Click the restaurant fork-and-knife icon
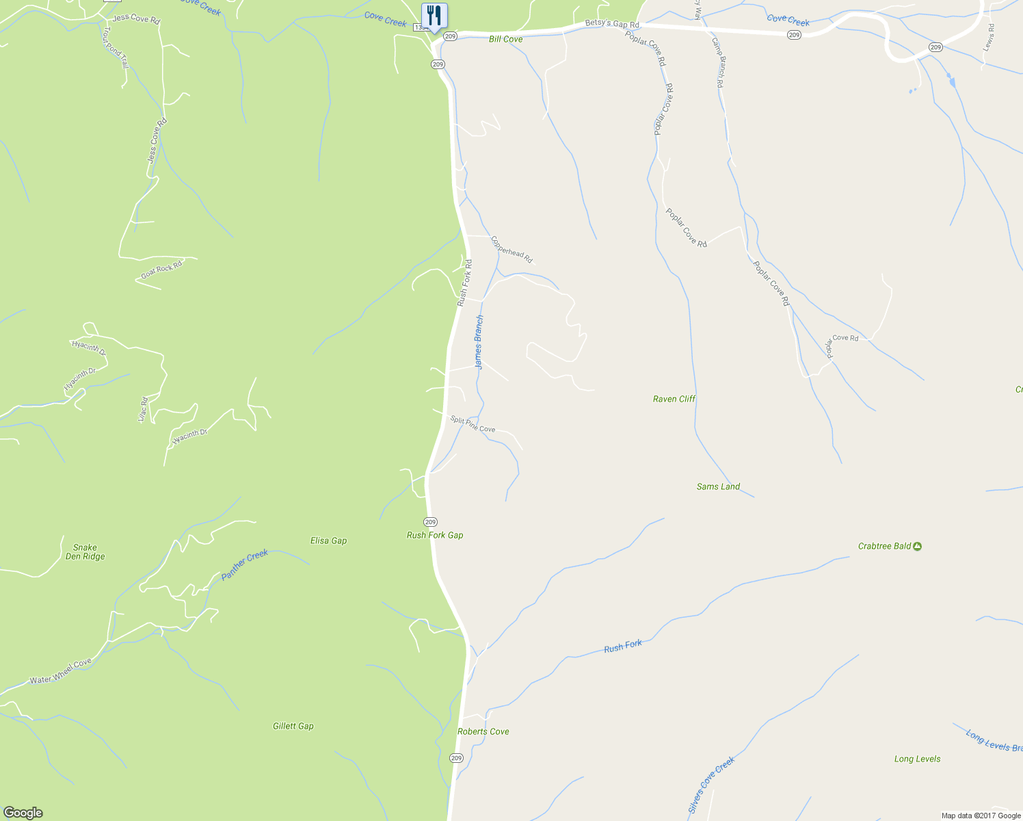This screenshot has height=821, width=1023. point(434,15)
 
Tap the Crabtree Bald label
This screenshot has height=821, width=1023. point(884,546)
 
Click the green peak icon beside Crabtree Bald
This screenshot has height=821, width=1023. point(918,546)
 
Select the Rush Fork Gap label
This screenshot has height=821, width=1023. point(435,535)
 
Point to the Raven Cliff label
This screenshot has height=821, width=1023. point(674,399)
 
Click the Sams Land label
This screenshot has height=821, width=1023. point(718,486)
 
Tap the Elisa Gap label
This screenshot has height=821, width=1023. point(328,540)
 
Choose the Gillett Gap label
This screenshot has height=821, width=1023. point(293,726)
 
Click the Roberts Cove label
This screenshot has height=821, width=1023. point(483,731)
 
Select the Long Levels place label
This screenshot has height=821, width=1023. point(917,759)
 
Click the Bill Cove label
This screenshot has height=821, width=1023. point(505,39)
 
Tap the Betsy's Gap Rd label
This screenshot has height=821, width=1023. point(612,25)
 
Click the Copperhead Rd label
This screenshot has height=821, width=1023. point(511,250)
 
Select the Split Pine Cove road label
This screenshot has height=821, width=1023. point(473,424)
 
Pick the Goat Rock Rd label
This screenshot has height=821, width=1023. point(162,270)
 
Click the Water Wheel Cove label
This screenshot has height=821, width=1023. point(60,672)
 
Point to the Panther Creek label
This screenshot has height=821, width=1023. point(245,565)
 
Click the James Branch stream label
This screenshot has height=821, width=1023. point(479,342)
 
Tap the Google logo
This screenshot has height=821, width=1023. point(23,813)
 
